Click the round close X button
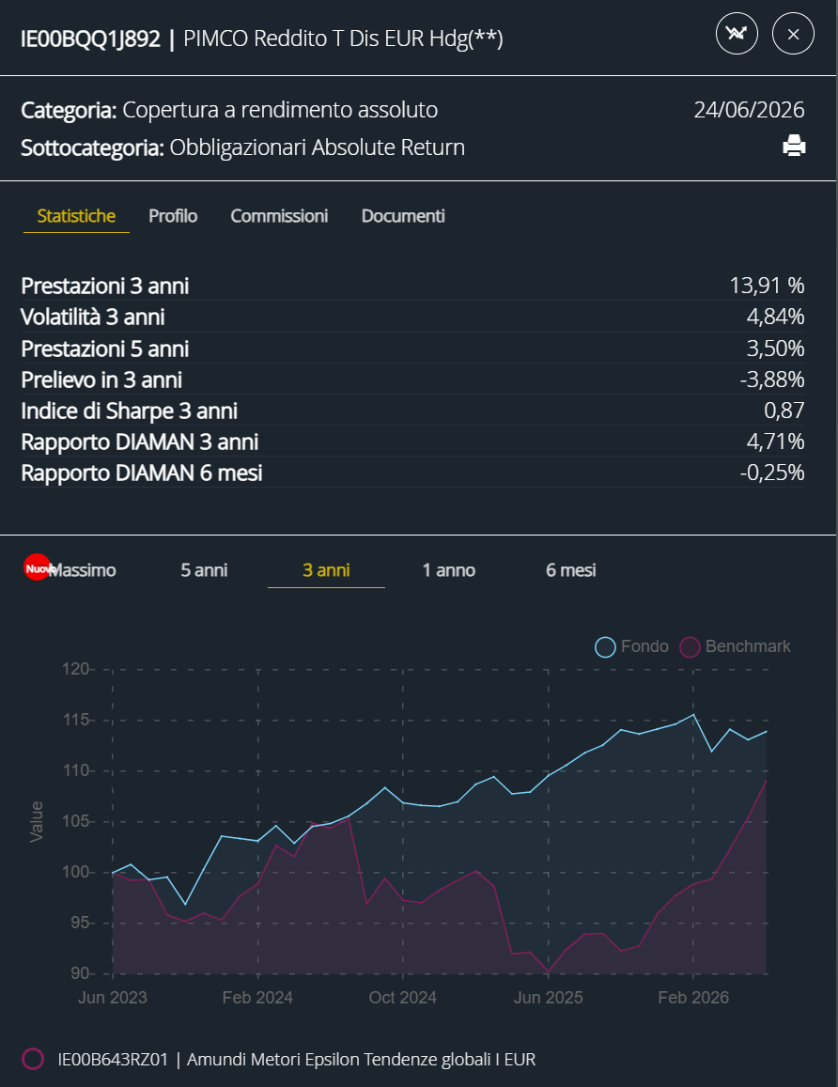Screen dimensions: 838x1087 793,33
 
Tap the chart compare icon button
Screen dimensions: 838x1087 737,33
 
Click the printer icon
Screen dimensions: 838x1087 794,146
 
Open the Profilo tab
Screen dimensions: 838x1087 173,215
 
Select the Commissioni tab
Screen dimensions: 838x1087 279,215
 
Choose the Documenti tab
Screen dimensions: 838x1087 403,215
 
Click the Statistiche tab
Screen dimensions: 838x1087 76,215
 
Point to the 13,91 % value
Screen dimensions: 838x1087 767,285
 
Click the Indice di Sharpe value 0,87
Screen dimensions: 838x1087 784,411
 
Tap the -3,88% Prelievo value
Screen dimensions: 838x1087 772,380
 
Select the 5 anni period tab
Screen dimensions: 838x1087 204,570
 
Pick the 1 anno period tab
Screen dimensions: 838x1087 448,570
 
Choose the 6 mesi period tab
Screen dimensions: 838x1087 570,570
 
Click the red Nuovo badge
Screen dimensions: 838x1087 37,567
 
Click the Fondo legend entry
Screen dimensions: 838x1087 632,646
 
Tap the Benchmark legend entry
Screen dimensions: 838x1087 735,646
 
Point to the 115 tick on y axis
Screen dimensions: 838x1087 76,720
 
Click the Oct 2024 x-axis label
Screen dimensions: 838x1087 403,998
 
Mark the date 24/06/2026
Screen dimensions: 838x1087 750,110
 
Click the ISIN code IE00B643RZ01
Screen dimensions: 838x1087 113,1059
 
